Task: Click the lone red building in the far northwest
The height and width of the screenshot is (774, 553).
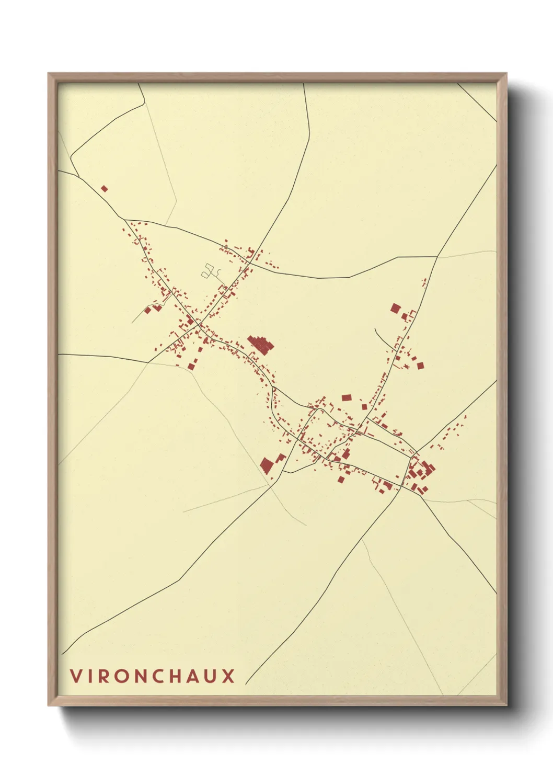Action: click(x=104, y=188)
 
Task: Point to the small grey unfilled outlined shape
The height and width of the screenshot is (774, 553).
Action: click(x=210, y=271)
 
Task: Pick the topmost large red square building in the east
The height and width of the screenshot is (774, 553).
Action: click(x=395, y=308)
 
